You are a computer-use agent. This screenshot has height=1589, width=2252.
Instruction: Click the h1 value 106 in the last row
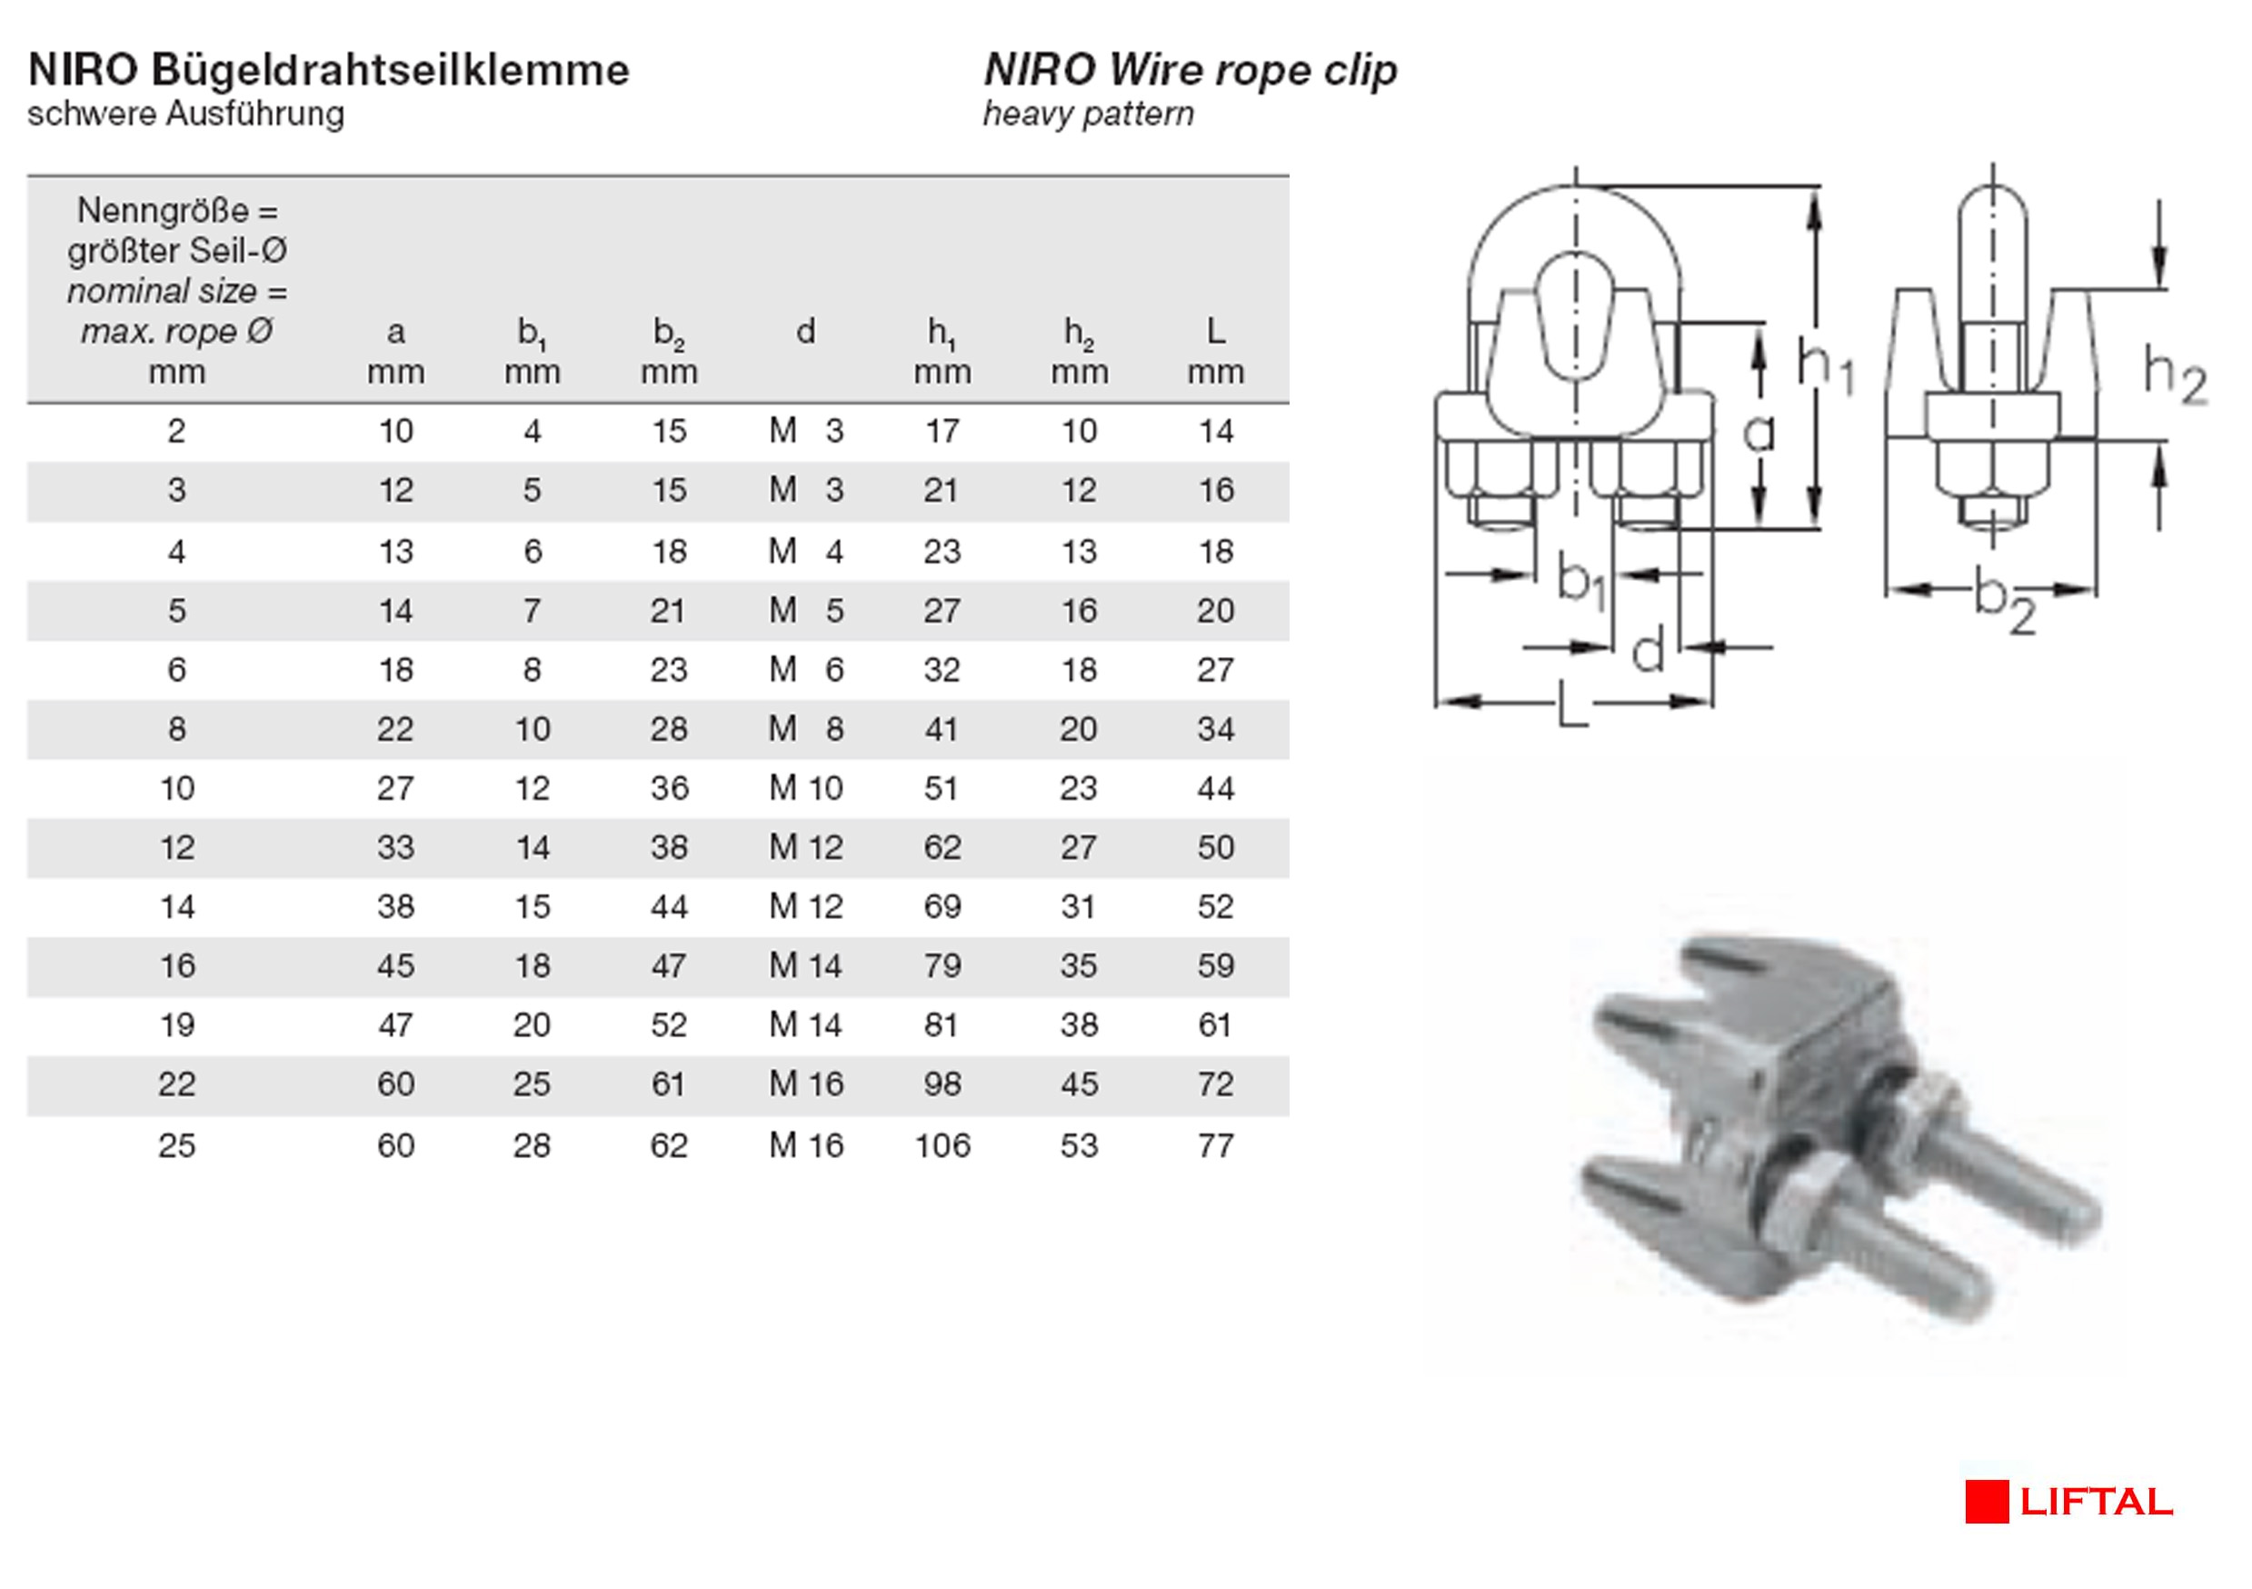[x=942, y=1145]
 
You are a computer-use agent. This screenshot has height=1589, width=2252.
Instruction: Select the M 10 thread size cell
[x=806, y=789]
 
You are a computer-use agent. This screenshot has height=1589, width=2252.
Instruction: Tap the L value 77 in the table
[x=1215, y=1145]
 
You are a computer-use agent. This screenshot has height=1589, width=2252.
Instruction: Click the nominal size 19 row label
[x=177, y=1025]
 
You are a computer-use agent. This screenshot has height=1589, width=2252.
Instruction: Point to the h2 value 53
[x=1079, y=1145]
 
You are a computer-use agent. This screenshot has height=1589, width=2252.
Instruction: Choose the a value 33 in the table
[x=396, y=847]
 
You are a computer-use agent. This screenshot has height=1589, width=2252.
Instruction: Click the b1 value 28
[x=532, y=1145]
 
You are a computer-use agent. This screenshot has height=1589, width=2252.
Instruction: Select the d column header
[x=805, y=332]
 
